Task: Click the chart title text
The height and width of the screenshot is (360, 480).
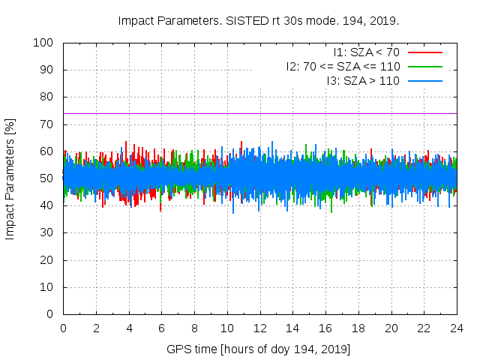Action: click(x=259, y=20)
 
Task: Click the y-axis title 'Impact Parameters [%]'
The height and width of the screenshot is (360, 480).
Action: click(x=10, y=178)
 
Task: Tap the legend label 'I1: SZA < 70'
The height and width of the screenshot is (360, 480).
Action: click(x=367, y=52)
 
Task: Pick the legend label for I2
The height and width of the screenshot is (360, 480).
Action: click(x=343, y=66)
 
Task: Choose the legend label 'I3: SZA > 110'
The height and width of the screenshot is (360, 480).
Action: click(x=364, y=80)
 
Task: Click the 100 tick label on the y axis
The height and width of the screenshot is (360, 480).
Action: click(x=43, y=43)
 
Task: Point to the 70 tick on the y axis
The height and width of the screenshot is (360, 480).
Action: click(x=46, y=124)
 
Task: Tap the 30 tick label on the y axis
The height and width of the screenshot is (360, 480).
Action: click(x=46, y=233)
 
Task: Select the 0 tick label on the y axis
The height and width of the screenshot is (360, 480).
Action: click(x=49, y=314)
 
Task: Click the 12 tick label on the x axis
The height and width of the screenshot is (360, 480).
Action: click(x=260, y=328)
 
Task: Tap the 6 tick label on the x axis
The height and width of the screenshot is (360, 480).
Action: click(x=161, y=328)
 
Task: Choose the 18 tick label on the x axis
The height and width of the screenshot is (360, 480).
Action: click(x=358, y=328)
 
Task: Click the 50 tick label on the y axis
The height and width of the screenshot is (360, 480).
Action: click(x=46, y=178)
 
